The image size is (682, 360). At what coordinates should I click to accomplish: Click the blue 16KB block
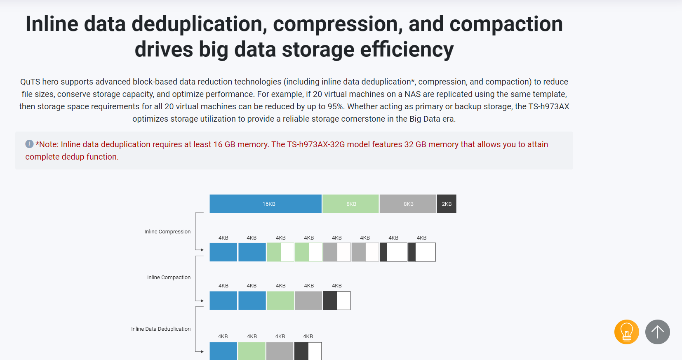pyautogui.click(x=266, y=204)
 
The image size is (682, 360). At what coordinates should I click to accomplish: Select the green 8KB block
pyautogui.click(x=350, y=204)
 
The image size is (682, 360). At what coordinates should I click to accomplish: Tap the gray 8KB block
pyautogui.click(x=408, y=204)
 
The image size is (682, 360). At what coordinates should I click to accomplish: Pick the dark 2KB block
pyautogui.click(x=447, y=204)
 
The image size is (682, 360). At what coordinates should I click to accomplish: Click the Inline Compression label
pyautogui.click(x=167, y=231)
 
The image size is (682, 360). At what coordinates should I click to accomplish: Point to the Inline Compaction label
pyautogui.click(x=169, y=277)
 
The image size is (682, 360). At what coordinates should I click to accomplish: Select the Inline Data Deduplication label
pyautogui.click(x=161, y=329)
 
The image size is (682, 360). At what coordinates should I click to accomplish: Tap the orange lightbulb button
pyautogui.click(x=627, y=332)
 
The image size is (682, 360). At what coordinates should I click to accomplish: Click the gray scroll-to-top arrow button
pyautogui.click(x=658, y=332)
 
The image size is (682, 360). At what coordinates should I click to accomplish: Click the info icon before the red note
pyautogui.click(x=29, y=144)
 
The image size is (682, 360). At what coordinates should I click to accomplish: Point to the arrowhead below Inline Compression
pyautogui.click(x=202, y=250)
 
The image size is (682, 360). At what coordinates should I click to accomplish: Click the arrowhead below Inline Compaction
pyautogui.click(x=202, y=301)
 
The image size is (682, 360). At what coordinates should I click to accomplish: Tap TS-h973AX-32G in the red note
pyautogui.click(x=316, y=144)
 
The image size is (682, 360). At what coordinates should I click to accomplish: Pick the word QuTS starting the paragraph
pyautogui.click(x=30, y=82)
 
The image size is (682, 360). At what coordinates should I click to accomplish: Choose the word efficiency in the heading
pyautogui.click(x=407, y=50)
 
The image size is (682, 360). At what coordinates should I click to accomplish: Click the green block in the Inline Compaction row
pyautogui.click(x=280, y=301)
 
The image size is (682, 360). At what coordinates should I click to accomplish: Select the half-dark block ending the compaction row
pyautogui.click(x=337, y=301)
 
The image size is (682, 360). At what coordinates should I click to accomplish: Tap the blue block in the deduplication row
pyautogui.click(x=223, y=351)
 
